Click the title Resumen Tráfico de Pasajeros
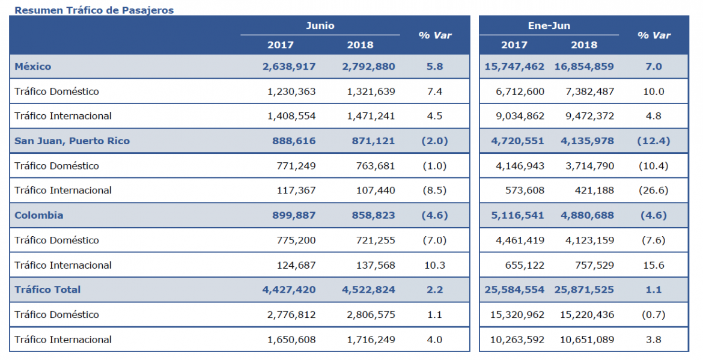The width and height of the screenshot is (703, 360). (x=94, y=10)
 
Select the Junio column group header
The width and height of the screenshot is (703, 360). (x=320, y=26)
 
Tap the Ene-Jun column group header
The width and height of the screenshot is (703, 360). (x=549, y=26)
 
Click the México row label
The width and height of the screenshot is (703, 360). (x=32, y=66)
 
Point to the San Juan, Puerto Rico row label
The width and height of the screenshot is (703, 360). (x=72, y=141)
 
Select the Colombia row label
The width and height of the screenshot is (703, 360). (x=39, y=215)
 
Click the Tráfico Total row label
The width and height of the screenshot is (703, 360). (x=47, y=290)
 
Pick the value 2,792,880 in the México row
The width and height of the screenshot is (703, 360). (x=368, y=67)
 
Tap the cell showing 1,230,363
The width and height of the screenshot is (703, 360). (x=291, y=91)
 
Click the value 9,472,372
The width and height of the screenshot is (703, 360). (x=589, y=116)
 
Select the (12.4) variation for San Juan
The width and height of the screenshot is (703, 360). (x=654, y=141)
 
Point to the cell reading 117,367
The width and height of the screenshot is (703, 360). (x=296, y=191)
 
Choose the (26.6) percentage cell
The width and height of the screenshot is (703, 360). (x=654, y=191)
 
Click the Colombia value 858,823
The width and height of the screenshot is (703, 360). (x=374, y=215)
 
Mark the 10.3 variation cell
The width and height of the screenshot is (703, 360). (x=435, y=265)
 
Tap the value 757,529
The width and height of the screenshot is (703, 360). (x=594, y=265)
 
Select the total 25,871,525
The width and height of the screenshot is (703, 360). (x=584, y=290)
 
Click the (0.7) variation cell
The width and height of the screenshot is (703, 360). (x=654, y=315)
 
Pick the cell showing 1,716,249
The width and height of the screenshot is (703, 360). (x=371, y=340)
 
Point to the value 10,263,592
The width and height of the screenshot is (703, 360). (x=517, y=340)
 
